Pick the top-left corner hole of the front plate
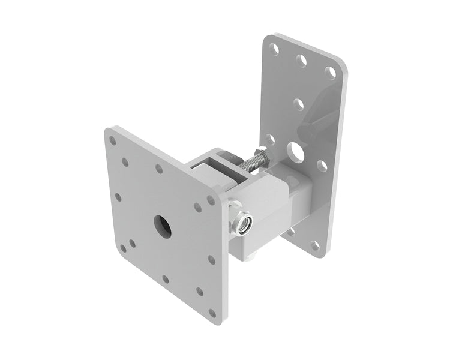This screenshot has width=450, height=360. click(x=112, y=140)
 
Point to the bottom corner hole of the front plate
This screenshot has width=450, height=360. click(x=211, y=313)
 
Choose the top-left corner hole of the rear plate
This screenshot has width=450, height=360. click(x=274, y=47)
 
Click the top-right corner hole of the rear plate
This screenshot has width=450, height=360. click(x=330, y=72)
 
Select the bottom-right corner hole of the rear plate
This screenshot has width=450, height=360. click(x=315, y=245)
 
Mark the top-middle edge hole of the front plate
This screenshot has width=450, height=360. click(x=159, y=169)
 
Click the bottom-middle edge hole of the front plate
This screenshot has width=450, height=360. click(x=166, y=279)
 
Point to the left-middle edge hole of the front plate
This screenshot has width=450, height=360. click(x=118, y=197)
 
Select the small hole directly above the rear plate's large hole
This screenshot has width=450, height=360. click(x=298, y=104)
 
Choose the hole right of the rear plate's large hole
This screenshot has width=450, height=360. click(x=322, y=166)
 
